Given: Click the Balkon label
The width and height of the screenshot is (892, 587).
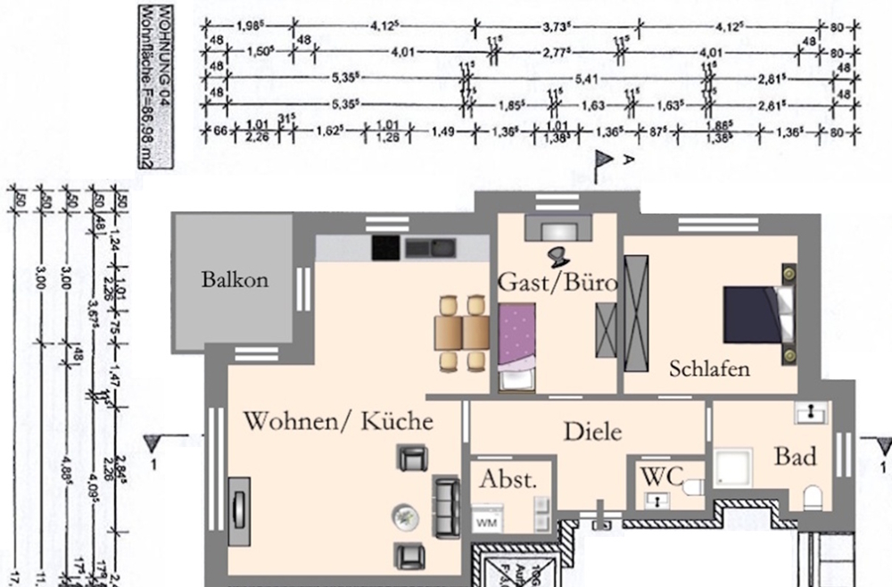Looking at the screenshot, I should (235, 280).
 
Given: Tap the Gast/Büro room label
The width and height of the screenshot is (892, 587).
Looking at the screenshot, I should (556, 284).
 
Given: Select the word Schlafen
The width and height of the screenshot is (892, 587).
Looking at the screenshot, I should (710, 368).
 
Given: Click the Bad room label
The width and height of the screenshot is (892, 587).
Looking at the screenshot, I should (795, 457).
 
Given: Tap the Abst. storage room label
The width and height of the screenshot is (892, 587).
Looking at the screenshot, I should (508, 478).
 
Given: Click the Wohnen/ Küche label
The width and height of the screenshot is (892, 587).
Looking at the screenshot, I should (339, 420).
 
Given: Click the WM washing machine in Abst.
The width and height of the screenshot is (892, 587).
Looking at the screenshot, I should (488, 521).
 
